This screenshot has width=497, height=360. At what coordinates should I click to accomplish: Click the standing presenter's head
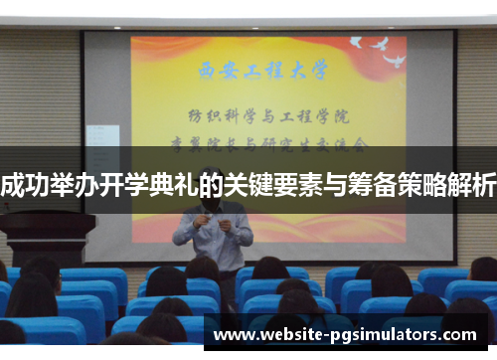(212, 179)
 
